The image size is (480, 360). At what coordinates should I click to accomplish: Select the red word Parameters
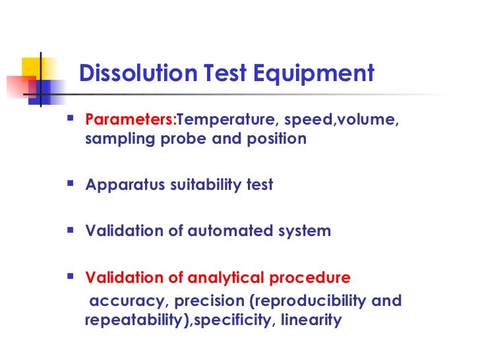tap(131, 121)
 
